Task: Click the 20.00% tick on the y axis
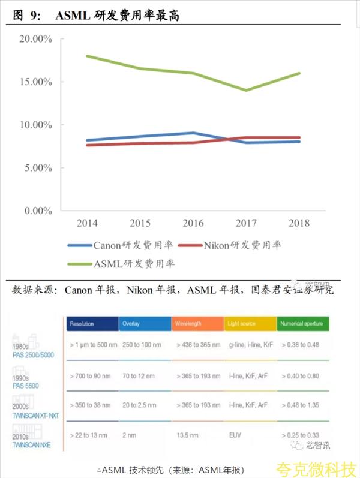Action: pyautogui.click(x=35, y=39)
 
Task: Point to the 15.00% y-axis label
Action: pyautogui.click(x=35, y=82)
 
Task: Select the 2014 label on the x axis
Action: pyautogui.click(x=88, y=223)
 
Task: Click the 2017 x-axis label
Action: pyautogui.click(x=246, y=223)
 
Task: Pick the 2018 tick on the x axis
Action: pyautogui.click(x=299, y=223)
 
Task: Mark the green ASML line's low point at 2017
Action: pyautogui.click(x=246, y=91)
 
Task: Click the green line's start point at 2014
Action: pyautogui.click(x=88, y=56)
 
